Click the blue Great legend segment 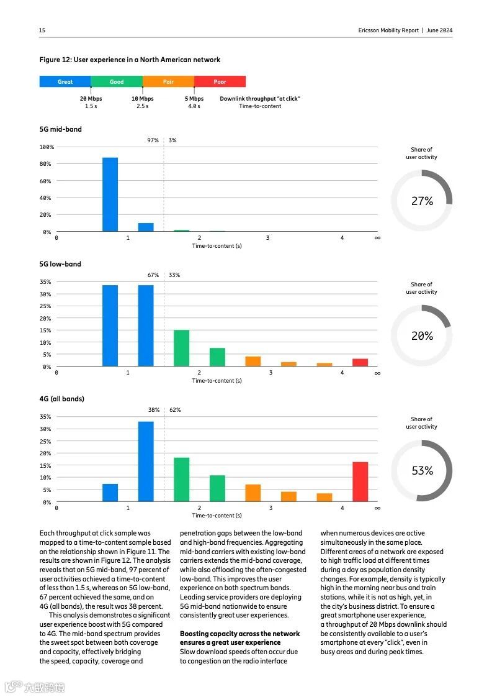[65, 81]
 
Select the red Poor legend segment [220, 81]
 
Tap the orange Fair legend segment [168, 81]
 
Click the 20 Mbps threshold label [91, 98]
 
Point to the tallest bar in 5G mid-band [110, 194]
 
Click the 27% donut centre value [422, 201]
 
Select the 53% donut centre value [422, 471]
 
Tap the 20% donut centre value [422, 335]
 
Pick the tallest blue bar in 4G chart [146, 462]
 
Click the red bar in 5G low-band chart [360, 362]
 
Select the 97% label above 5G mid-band [153, 140]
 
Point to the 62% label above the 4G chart [175, 410]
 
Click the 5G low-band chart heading [60, 264]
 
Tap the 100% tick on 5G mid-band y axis [47, 147]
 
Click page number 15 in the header [42, 30]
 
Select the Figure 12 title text [130, 60]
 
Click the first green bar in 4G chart [182, 480]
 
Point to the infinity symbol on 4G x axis [377, 508]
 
